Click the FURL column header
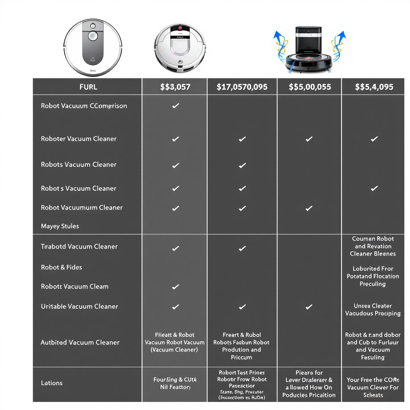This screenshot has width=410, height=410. pyautogui.click(x=88, y=87)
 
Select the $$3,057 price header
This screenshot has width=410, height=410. pyautogui.click(x=175, y=87)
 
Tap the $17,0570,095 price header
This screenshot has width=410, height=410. pyautogui.click(x=242, y=87)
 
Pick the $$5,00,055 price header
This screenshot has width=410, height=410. pyautogui.click(x=310, y=87)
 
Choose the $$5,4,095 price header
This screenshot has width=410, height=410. pyautogui.click(x=374, y=87)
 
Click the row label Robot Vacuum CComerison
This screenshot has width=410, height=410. pyautogui.click(x=84, y=106)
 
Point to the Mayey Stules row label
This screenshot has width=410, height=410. pyautogui.click(x=60, y=226)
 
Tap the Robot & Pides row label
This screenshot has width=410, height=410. pyautogui.click(x=61, y=267)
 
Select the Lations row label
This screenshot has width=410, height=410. pyautogui.click(x=52, y=383)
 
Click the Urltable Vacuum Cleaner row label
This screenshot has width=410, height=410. pyautogui.click(x=79, y=306)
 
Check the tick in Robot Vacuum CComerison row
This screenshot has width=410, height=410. pyautogui.click(x=176, y=106)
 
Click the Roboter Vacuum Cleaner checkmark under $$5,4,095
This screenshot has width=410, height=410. pyautogui.click(x=374, y=139)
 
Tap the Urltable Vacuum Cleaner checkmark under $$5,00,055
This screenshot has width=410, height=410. pyautogui.click(x=309, y=307)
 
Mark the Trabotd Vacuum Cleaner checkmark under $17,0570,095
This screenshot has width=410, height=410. pyautogui.click(x=242, y=249)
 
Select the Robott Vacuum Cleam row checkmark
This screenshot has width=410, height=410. pyautogui.click(x=176, y=287)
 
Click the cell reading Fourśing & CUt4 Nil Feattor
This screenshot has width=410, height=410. pyautogui.click(x=175, y=383)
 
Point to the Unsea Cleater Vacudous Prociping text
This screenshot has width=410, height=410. pyautogui.click(x=373, y=309)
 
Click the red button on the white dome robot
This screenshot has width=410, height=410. pyautogui.click(x=180, y=28)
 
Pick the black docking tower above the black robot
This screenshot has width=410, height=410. pyautogui.click(x=309, y=40)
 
